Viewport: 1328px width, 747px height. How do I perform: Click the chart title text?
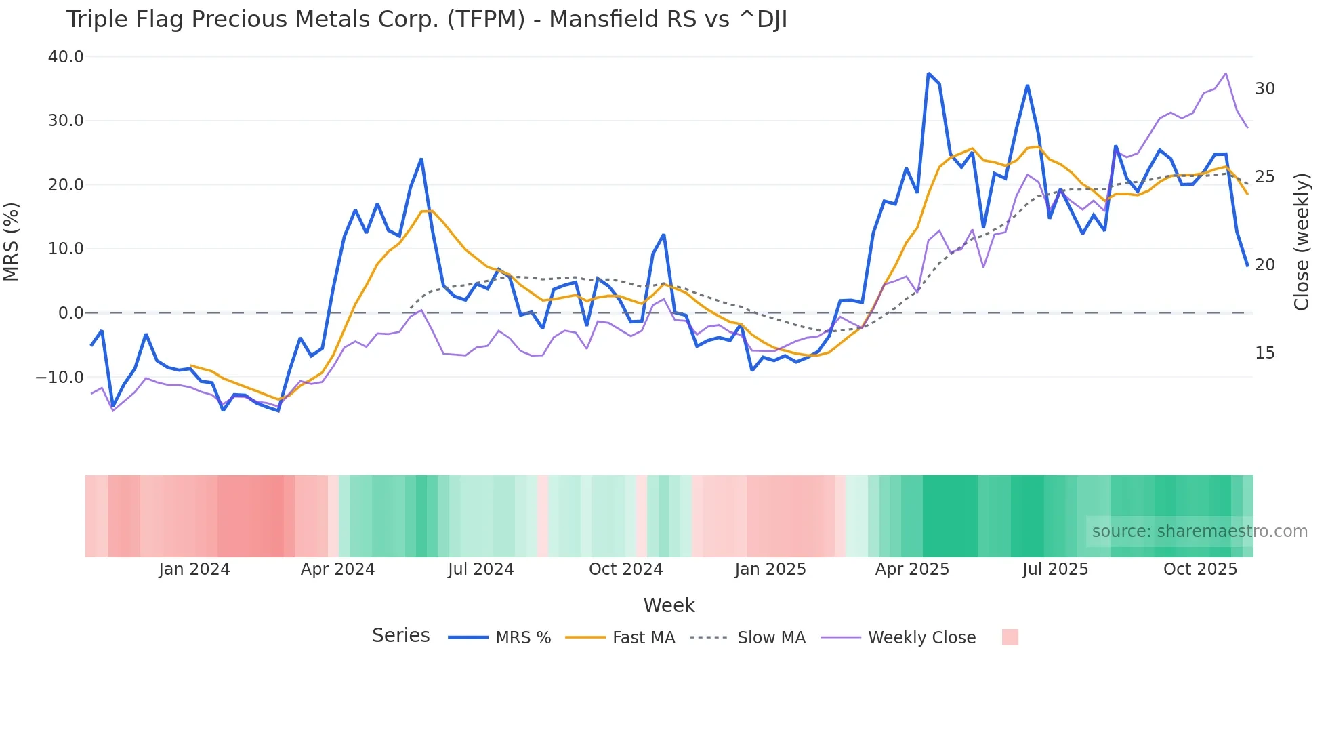pyautogui.click(x=426, y=20)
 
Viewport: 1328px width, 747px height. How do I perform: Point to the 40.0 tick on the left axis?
pyautogui.click(x=66, y=57)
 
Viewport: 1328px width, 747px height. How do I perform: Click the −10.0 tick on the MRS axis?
pyautogui.click(x=60, y=378)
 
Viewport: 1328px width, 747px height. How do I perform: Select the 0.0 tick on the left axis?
pyautogui.click(x=70, y=313)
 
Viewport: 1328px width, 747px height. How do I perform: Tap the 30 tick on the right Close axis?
pyautogui.click(x=1264, y=89)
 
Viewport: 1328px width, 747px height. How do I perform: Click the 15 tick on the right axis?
pyautogui.click(x=1264, y=353)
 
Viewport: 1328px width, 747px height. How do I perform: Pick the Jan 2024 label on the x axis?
pyautogui.click(x=194, y=569)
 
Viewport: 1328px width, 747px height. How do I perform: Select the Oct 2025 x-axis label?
pyautogui.click(x=1200, y=569)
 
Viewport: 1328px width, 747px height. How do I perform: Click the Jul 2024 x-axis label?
pyautogui.click(x=480, y=569)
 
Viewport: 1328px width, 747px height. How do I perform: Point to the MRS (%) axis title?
pyautogui.click(x=12, y=241)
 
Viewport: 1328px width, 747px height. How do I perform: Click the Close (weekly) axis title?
pyautogui.click(x=1301, y=241)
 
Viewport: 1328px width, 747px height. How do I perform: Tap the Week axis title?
pyautogui.click(x=669, y=605)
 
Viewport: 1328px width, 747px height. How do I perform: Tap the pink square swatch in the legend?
pyautogui.click(x=1010, y=637)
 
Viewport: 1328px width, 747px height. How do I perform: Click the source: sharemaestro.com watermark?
pyautogui.click(x=1199, y=531)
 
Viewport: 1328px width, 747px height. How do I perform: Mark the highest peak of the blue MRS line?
pyautogui.click(x=928, y=73)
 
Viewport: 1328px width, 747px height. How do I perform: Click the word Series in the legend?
pyautogui.click(x=400, y=636)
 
